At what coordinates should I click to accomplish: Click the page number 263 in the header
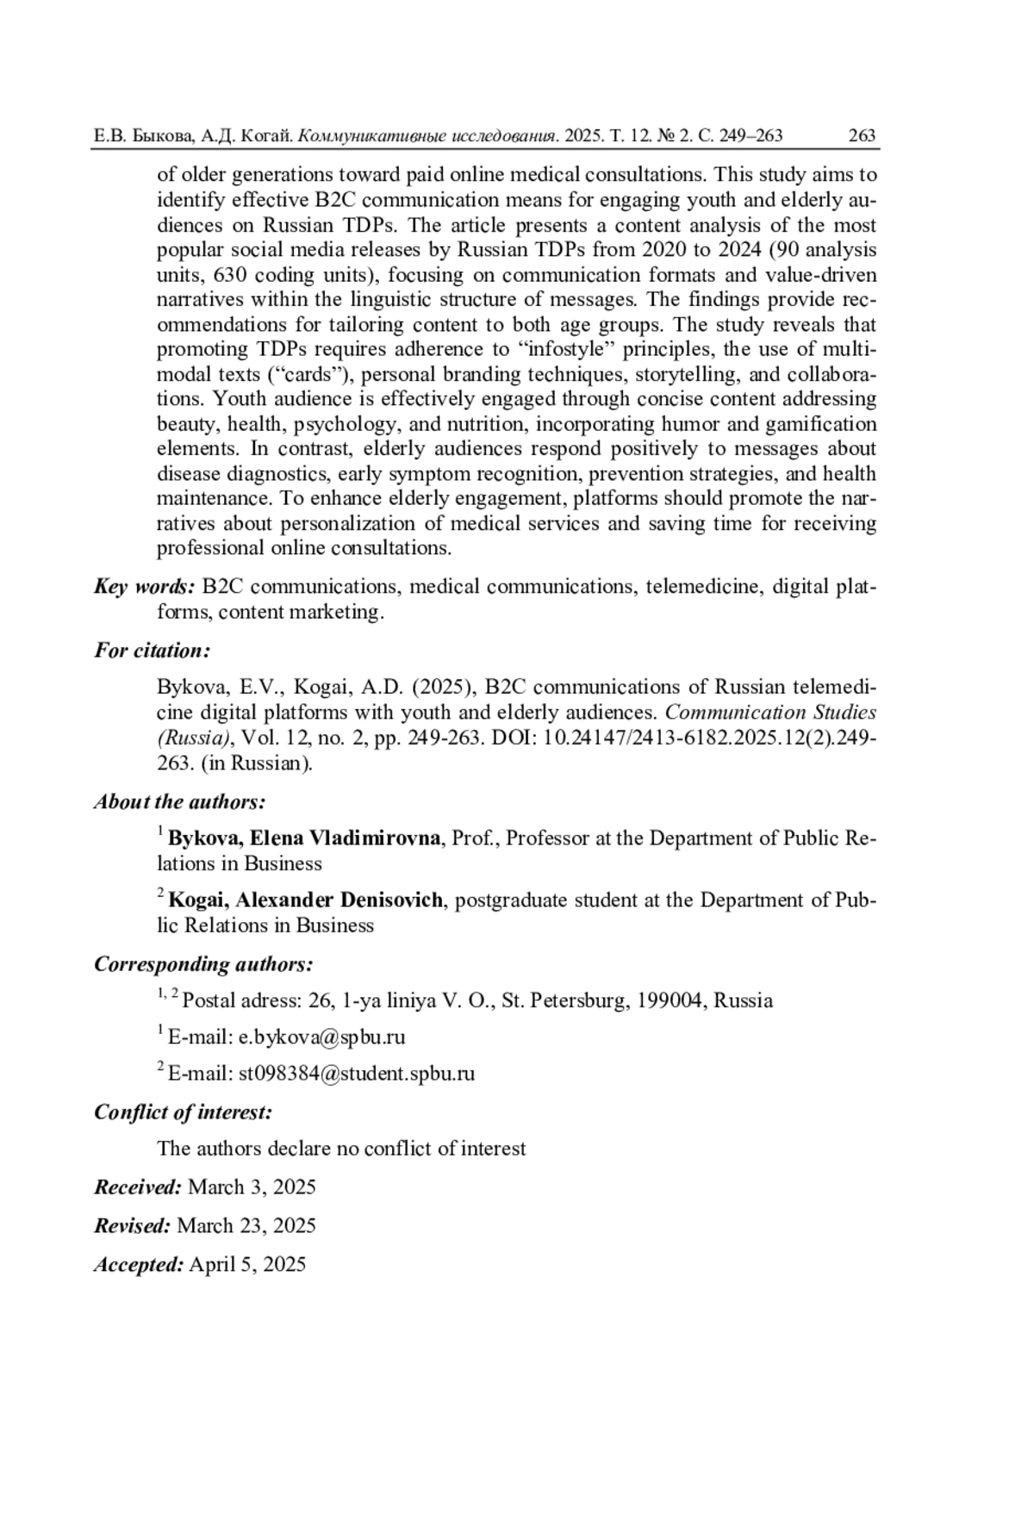pyautogui.click(x=862, y=135)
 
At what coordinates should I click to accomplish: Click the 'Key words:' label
pyautogui.click(x=145, y=587)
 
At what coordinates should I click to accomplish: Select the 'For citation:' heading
pyautogui.click(x=152, y=651)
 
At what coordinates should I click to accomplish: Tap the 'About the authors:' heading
pyautogui.click(x=179, y=801)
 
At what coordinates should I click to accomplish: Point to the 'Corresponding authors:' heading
pyautogui.click(x=202, y=963)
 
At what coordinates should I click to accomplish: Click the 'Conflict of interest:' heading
pyautogui.click(x=183, y=1112)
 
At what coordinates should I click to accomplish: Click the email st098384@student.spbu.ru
pyautogui.click(x=356, y=1074)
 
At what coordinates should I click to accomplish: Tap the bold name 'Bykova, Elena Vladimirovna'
pyautogui.click(x=304, y=838)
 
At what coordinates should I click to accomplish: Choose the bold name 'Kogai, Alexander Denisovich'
pyautogui.click(x=306, y=900)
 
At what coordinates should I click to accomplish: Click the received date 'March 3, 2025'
pyautogui.click(x=252, y=1187)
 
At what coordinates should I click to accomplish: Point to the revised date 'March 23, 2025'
pyautogui.click(x=246, y=1225)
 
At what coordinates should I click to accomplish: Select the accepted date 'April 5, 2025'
pyautogui.click(x=246, y=1264)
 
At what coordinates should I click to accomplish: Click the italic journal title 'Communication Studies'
pyautogui.click(x=770, y=713)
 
